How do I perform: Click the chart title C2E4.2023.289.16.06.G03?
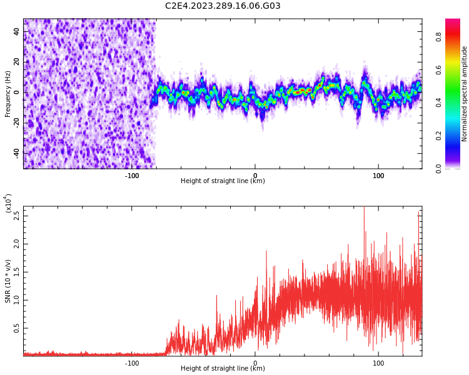coord(223,6)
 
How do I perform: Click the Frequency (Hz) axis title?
coord(8,93)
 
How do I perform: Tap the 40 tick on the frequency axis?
coord(17,32)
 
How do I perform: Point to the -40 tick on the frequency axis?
coord(16,153)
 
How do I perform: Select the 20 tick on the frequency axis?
coord(17,62)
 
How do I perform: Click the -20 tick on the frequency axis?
coord(16,123)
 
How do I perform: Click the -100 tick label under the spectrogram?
coord(132,176)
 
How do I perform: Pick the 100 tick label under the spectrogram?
coord(378,176)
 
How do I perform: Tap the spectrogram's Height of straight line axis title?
coord(223,181)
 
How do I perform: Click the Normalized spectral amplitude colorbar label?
coord(465,93)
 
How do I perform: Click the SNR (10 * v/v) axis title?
coord(8,281)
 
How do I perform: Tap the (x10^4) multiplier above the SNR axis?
coord(8,203)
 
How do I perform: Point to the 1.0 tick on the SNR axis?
coord(17,300)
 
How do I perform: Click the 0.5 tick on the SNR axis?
coord(17,328)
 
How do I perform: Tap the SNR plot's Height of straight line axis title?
coord(223,369)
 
